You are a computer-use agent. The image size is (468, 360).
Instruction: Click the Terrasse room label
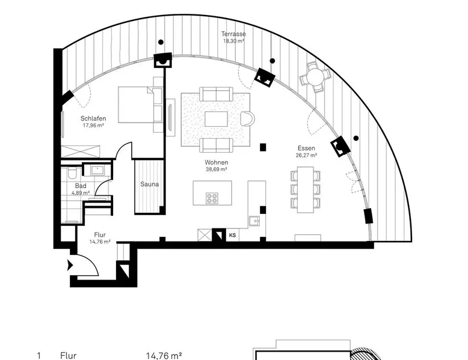234,34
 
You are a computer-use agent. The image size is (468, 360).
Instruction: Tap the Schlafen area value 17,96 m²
93,126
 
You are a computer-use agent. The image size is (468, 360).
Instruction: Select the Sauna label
150,185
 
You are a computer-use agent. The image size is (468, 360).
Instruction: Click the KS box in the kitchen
233,235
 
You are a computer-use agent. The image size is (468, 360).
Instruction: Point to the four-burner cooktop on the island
212,199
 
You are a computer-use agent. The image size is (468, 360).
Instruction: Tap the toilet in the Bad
72,173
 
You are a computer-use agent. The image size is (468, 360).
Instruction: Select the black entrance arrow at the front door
70,265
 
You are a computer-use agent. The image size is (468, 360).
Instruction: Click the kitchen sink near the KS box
254,221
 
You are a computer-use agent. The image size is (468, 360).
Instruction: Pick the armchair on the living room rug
247,119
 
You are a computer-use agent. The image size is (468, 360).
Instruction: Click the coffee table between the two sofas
216,119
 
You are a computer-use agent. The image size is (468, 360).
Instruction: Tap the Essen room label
306,148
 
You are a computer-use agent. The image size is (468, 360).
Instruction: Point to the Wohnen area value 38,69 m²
217,169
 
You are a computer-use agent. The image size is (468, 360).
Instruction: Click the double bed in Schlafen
136,105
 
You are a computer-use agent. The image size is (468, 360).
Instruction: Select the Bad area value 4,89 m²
81,193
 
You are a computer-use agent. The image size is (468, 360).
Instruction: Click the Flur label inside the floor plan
100,235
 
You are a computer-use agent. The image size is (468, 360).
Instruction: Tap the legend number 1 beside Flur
38,356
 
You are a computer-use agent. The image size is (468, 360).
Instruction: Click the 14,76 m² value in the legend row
164,356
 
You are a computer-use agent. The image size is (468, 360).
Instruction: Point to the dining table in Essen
306,190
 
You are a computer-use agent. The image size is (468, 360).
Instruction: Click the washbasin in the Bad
97,170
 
